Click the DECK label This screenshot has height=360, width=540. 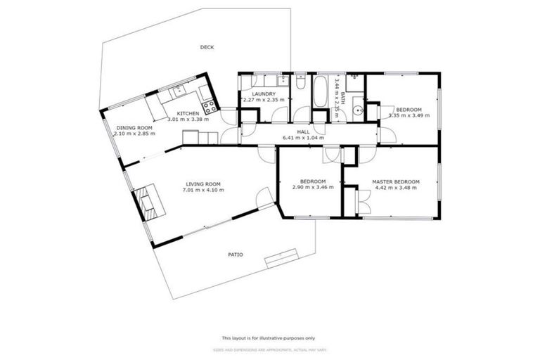207,48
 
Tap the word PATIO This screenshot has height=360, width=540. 235,255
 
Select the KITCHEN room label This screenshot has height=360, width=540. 188,113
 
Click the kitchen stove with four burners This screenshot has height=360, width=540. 209,108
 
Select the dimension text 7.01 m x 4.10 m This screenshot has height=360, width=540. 203,190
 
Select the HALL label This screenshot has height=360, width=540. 303,131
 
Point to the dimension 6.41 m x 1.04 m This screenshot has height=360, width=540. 303,138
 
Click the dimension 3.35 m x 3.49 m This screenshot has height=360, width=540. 409,115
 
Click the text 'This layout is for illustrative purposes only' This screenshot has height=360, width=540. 269,337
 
